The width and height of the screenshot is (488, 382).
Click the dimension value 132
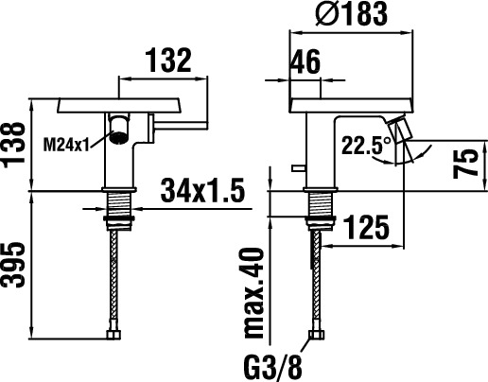coord(168,60)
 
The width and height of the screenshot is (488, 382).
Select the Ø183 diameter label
coord(351,13)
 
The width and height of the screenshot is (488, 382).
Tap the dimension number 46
coord(305,61)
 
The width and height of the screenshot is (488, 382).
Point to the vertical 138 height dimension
coord(14,144)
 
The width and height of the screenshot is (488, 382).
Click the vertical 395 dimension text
coord(14,265)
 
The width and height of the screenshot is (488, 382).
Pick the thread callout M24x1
coord(66,146)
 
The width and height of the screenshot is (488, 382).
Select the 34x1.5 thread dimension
coord(202,190)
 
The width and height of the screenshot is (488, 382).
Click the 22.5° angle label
coord(366,145)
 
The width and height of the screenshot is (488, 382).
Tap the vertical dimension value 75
coord(465,164)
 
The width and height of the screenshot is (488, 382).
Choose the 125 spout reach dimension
coord(366,227)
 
